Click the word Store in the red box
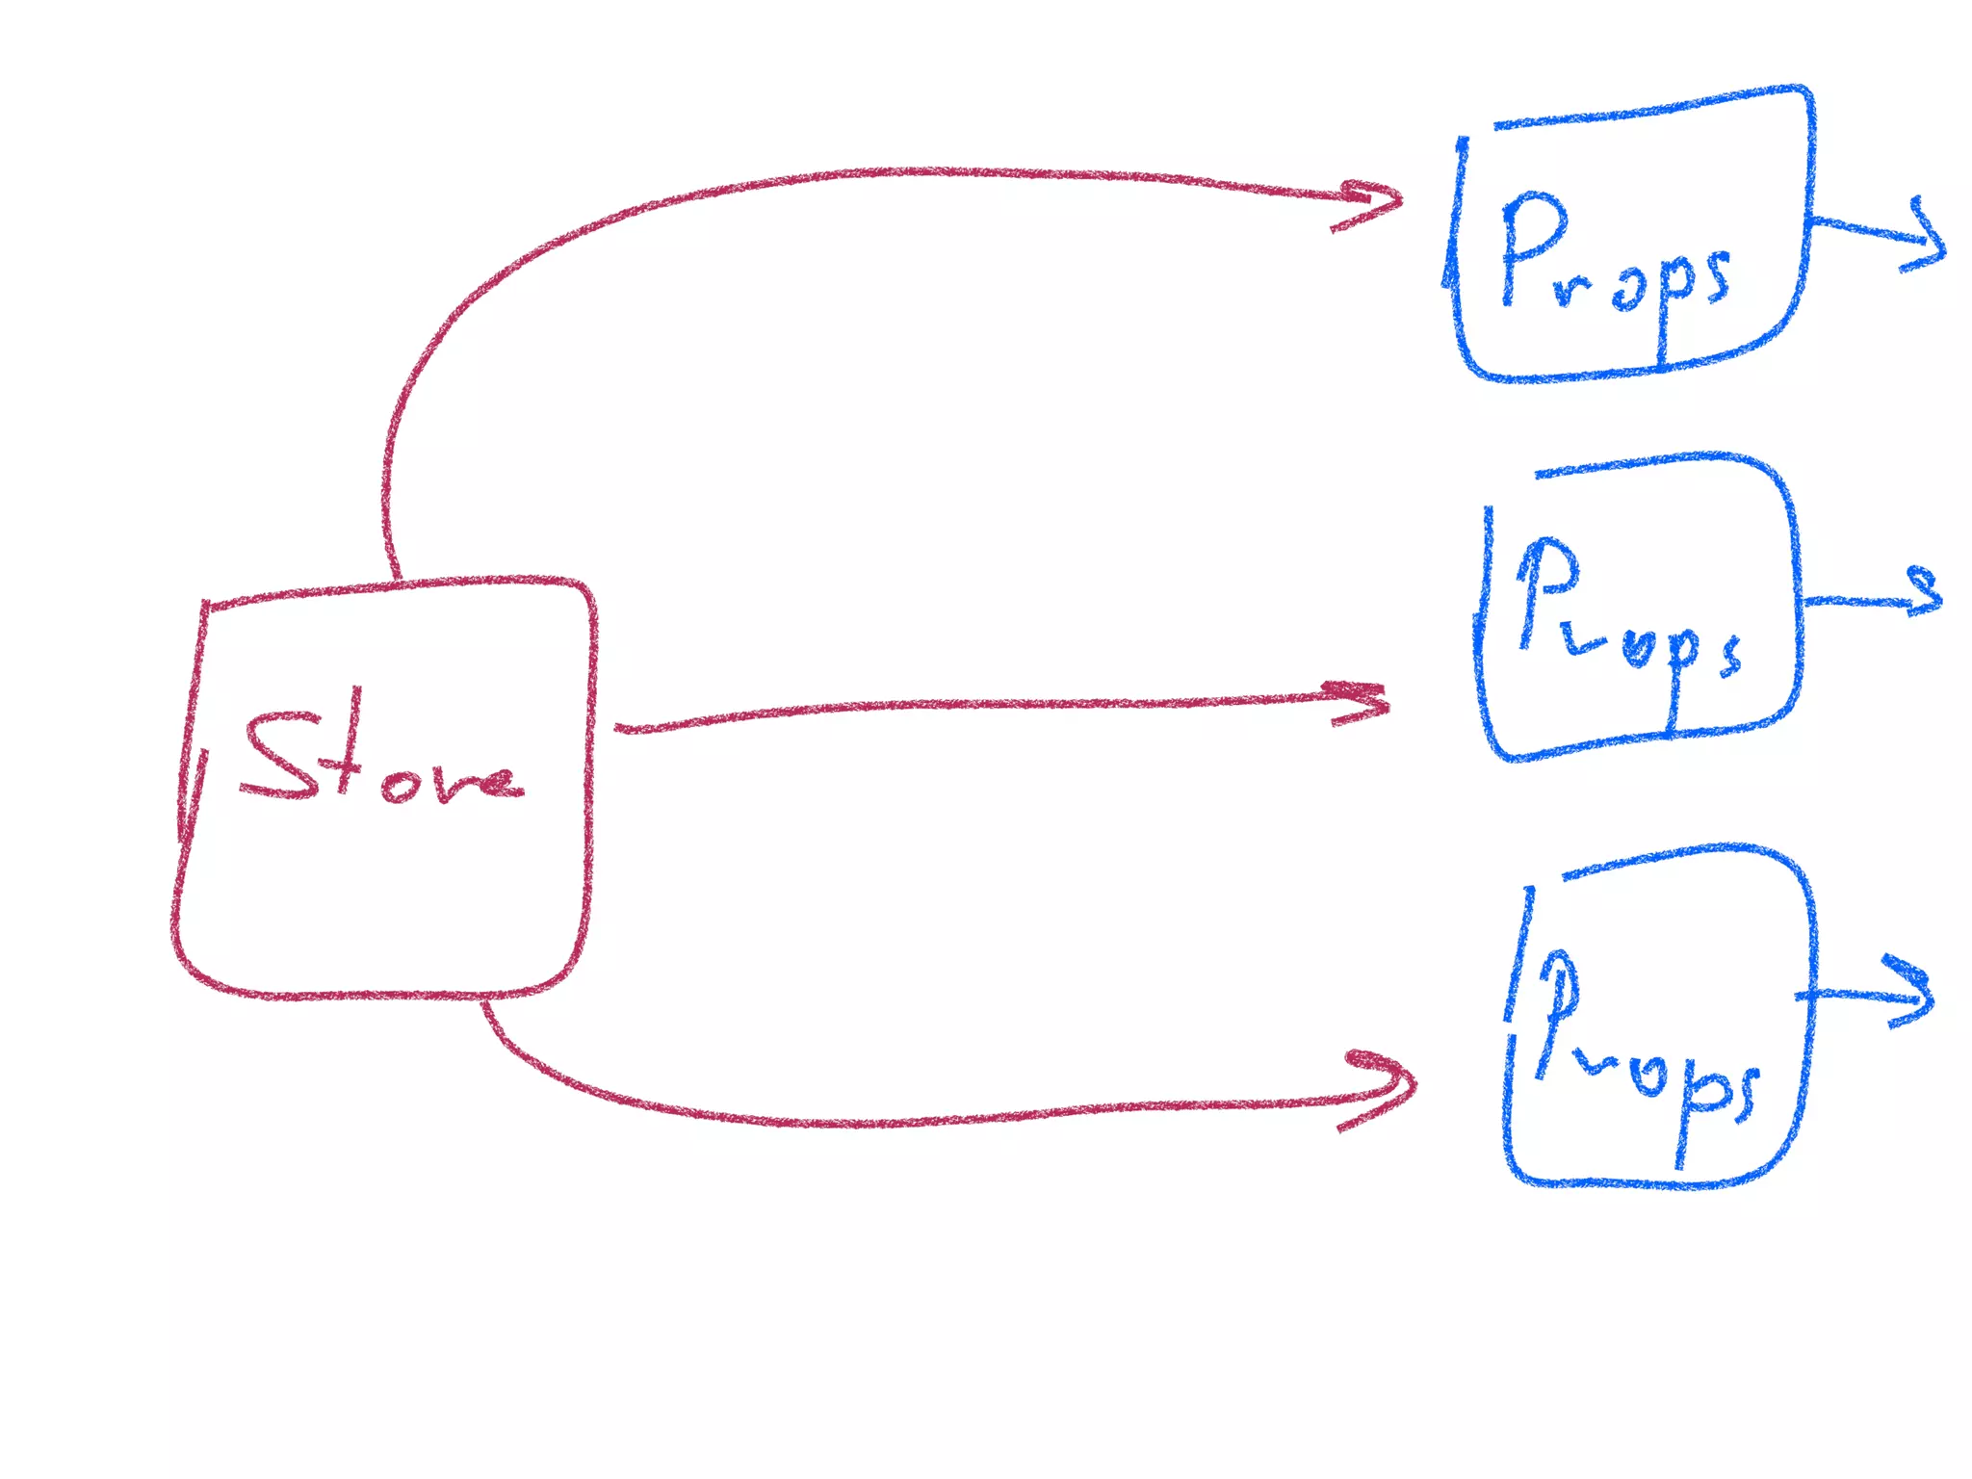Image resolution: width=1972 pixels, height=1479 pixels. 380,761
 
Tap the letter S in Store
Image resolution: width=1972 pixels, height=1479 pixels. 279,756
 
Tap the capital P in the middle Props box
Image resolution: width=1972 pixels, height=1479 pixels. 1545,592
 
